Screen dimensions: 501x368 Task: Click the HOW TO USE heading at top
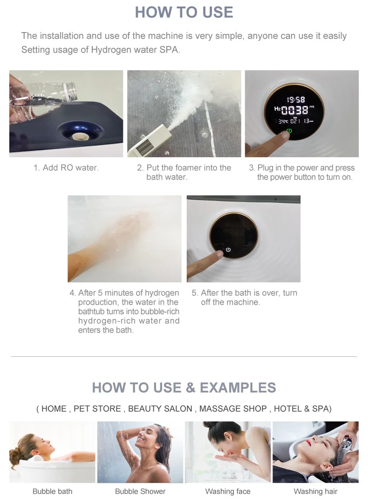tap(184, 12)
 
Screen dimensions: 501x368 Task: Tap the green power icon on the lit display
tap(289, 131)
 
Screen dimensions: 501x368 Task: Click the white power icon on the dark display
tap(228, 250)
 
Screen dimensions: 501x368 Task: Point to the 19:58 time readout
tap(295, 100)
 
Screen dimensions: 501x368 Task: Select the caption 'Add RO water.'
tap(66, 168)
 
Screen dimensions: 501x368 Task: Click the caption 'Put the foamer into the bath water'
tap(184, 172)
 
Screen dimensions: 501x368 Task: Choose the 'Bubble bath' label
tap(52, 491)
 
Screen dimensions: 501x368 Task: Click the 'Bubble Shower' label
tap(140, 491)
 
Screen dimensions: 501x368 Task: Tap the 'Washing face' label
tap(228, 491)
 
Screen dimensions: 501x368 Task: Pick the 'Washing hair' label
tap(315, 491)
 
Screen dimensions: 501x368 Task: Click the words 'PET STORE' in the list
tap(97, 408)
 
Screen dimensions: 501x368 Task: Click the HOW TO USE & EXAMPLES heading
tap(184, 387)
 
